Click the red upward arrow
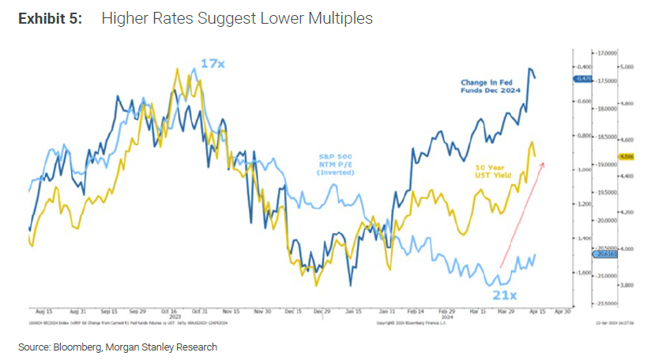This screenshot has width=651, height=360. point(521,213)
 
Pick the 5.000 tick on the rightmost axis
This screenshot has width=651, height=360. point(626,67)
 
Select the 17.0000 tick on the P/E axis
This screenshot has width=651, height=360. point(585,53)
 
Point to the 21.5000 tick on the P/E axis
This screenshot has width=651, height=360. point(585,302)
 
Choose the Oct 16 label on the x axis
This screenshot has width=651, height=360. point(175,311)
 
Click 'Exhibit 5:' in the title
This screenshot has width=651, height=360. point(50,18)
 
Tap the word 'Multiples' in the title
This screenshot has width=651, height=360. point(341,18)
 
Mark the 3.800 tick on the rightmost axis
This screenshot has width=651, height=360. point(626,285)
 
